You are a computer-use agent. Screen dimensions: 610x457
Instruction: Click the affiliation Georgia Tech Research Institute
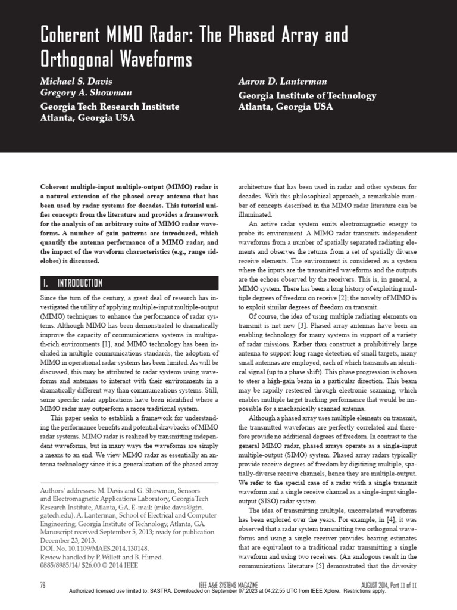109,107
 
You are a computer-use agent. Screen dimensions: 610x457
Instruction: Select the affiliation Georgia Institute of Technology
307,95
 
